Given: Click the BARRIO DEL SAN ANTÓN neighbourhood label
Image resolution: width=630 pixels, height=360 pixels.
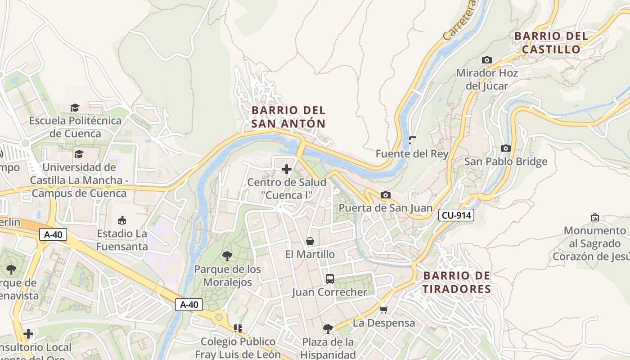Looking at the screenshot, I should pyautogui.click(x=288, y=117).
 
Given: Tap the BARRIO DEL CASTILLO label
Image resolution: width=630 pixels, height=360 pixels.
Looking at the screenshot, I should pyautogui.click(x=551, y=42).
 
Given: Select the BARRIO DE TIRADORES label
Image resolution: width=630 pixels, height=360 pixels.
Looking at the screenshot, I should pyautogui.click(x=457, y=282).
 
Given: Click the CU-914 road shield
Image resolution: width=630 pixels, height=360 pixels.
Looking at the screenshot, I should pyautogui.click(x=456, y=215).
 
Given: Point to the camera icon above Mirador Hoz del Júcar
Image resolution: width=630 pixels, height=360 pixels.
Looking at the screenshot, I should pyautogui.click(x=486, y=60).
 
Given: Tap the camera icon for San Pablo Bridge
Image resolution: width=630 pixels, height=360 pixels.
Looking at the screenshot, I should pyautogui.click(x=506, y=148).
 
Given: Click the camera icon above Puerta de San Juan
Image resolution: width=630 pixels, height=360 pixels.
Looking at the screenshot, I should pyautogui.click(x=385, y=195).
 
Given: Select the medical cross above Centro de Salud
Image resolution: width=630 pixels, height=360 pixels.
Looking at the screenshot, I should pyautogui.click(x=286, y=169).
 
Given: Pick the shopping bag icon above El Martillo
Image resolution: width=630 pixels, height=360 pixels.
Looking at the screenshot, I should pyautogui.click(x=310, y=242).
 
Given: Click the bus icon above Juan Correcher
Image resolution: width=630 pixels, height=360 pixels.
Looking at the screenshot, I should pyautogui.click(x=329, y=279).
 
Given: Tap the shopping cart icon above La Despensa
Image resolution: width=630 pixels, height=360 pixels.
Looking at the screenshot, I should pyautogui.click(x=383, y=310).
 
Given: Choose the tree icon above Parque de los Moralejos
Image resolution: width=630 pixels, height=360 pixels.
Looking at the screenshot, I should pyautogui.click(x=227, y=256).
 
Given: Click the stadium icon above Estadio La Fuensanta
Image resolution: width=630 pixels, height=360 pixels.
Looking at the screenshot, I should pyautogui.click(x=121, y=220).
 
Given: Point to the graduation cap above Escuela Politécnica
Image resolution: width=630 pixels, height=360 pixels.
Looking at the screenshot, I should pyautogui.click(x=75, y=108).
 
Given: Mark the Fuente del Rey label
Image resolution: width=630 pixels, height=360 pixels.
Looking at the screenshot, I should pyautogui.click(x=412, y=154).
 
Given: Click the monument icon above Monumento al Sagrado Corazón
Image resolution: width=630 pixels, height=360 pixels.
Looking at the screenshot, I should pyautogui.click(x=595, y=217).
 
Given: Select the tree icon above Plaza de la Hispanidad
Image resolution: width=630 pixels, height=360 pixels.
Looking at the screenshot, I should pyautogui.click(x=328, y=329).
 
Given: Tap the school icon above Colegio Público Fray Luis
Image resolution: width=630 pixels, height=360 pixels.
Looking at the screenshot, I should pyautogui.click(x=238, y=328).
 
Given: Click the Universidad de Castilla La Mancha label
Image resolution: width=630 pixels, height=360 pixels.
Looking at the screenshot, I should pyautogui.click(x=79, y=180).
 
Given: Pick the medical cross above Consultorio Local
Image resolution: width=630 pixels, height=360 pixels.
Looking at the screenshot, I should pyautogui.click(x=28, y=334).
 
